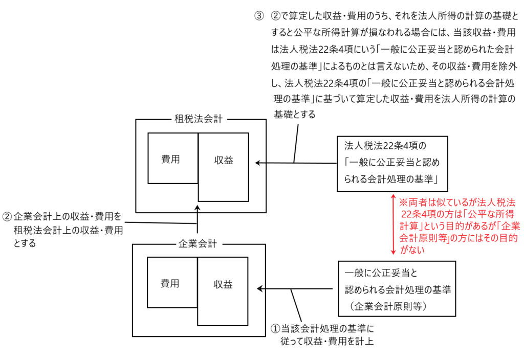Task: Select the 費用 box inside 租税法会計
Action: tap(171, 159)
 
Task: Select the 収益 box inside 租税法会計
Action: tap(224, 161)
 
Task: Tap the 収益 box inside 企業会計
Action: tap(223, 285)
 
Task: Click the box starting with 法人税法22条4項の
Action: tap(392, 164)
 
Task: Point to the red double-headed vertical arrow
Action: tap(392, 224)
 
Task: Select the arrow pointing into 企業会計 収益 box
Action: tap(297, 289)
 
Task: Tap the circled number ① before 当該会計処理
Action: tap(275, 328)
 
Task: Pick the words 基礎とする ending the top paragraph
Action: tap(294, 115)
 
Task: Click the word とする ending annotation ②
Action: tap(25, 244)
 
